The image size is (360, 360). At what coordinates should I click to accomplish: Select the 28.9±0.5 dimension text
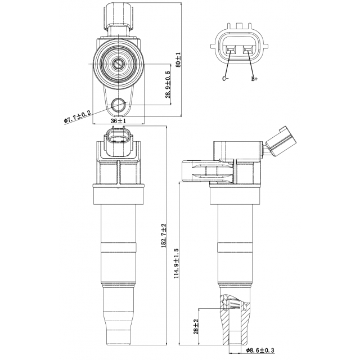(x=168, y=85)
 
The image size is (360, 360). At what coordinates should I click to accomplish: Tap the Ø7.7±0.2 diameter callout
(x=78, y=117)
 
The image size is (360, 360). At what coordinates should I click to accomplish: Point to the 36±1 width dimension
(x=118, y=121)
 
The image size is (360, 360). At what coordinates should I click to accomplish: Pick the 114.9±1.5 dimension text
(x=176, y=263)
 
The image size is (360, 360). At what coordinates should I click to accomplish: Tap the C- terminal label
(x=226, y=79)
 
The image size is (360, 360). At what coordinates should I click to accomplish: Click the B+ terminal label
(x=254, y=79)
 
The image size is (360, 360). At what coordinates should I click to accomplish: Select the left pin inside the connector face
(x=230, y=52)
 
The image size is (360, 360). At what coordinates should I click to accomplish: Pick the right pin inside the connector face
(x=247, y=52)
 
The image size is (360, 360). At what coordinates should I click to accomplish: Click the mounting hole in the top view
(x=119, y=104)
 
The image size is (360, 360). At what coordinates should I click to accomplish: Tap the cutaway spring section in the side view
(x=233, y=305)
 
